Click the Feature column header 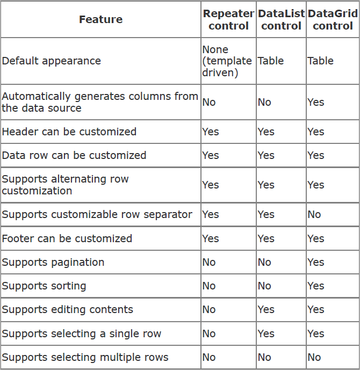pyautogui.click(x=101, y=19)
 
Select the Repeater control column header pyautogui.click(x=228, y=19)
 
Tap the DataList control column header pyautogui.click(x=281, y=19)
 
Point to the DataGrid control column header pyautogui.click(x=333, y=19)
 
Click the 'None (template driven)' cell pyautogui.click(x=227, y=61)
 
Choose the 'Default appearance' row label pyautogui.click(x=51, y=61)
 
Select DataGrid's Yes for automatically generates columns pyautogui.click(x=315, y=102)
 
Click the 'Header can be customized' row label pyautogui.click(x=69, y=132)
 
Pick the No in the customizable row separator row pyautogui.click(x=314, y=214)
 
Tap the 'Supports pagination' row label pyautogui.click(x=53, y=262)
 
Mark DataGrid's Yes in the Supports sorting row pyautogui.click(x=315, y=286)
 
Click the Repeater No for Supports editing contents pyautogui.click(x=209, y=309)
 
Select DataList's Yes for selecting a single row pyautogui.click(x=266, y=333)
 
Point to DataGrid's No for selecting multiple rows pyautogui.click(x=314, y=357)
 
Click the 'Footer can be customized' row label pyautogui.click(x=67, y=238)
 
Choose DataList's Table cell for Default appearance pyautogui.click(x=270, y=61)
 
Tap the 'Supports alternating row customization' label pyautogui.click(x=65, y=185)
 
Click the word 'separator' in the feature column pyautogui.click(x=168, y=215)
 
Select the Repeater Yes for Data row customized pyautogui.click(x=210, y=155)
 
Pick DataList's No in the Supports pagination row pyautogui.click(x=264, y=262)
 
